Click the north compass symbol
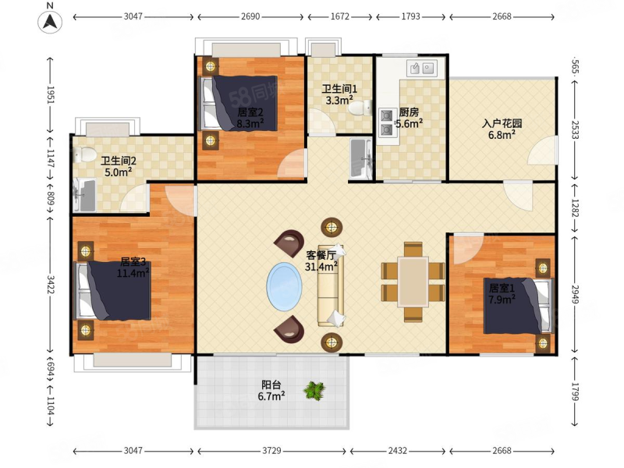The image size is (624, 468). pyautogui.click(x=50, y=22)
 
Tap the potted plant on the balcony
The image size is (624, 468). pyautogui.click(x=314, y=391)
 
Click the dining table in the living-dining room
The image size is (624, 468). pyautogui.click(x=413, y=282)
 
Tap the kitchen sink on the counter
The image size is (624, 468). pyautogui.click(x=422, y=69)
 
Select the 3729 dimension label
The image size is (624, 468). pyautogui.click(x=271, y=451)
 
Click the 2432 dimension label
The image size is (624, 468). pyautogui.click(x=397, y=451)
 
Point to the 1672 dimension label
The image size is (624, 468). pyautogui.click(x=340, y=16)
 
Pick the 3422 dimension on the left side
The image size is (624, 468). pyautogui.click(x=51, y=284)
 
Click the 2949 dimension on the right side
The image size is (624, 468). pyautogui.click(x=576, y=294)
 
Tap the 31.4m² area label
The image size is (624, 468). pyautogui.click(x=321, y=266)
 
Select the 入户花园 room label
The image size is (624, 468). pyautogui.click(x=502, y=123)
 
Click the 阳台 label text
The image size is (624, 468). pyautogui.click(x=271, y=385)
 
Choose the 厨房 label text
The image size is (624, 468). pyautogui.click(x=409, y=112)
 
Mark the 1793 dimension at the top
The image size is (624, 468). pyautogui.click(x=411, y=16)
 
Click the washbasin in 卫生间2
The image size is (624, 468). pyautogui.click(x=85, y=195)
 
